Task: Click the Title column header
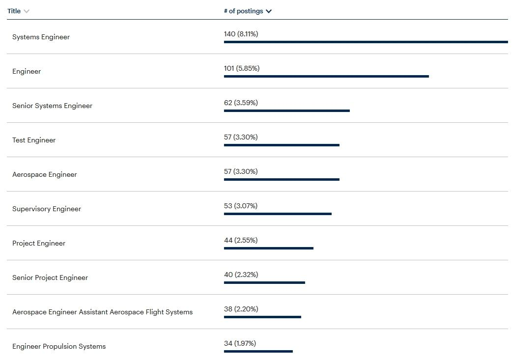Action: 14,11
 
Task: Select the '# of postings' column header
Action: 243,11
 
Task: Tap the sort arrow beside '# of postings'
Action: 269,11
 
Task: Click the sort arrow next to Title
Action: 27,11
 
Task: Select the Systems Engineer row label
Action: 41,37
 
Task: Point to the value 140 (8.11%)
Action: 241,34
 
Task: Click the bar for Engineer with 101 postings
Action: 326,76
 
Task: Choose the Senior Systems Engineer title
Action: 52,106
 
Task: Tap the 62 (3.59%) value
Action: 241,103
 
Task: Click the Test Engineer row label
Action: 34,140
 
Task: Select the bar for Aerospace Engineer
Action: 282,179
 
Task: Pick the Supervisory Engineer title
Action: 47,209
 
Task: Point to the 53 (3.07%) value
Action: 241,206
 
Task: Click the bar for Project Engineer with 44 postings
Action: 268,248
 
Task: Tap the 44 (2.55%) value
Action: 241,240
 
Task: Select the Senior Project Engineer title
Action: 50,277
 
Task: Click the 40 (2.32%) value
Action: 241,275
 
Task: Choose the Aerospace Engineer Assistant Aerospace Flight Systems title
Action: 102,312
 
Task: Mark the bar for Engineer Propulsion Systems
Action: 258,351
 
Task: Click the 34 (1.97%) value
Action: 240,343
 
